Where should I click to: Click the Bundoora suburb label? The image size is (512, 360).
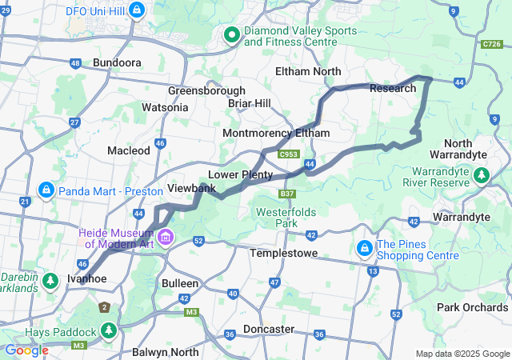pyautogui.click(x=117, y=62)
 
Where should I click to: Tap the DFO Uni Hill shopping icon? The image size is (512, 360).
pyautogui.click(x=137, y=10)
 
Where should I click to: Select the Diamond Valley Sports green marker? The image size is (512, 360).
pyautogui.click(x=232, y=34)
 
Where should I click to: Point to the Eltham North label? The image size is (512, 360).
pyautogui.click(x=308, y=71)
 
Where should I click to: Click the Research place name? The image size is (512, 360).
pyautogui.click(x=393, y=88)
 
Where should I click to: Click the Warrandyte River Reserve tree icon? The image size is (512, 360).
pyautogui.click(x=482, y=174)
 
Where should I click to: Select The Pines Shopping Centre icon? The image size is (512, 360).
pyautogui.click(x=365, y=249)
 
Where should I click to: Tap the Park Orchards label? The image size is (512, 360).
pyautogui.click(x=471, y=307)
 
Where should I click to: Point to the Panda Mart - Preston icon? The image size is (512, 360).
pyautogui.click(x=46, y=190)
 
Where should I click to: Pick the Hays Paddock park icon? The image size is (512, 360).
pyautogui.click(x=109, y=330)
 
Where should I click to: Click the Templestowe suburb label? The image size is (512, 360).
pyautogui.click(x=283, y=253)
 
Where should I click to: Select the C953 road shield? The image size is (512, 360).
pyautogui.click(x=289, y=154)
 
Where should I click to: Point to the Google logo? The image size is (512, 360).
pyautogui.click(x=26, y=350)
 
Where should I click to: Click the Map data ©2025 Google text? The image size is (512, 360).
pyautogui.click(x=462, y=354)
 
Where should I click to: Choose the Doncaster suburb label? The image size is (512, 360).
pyautogui.click(x=270, y=329)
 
